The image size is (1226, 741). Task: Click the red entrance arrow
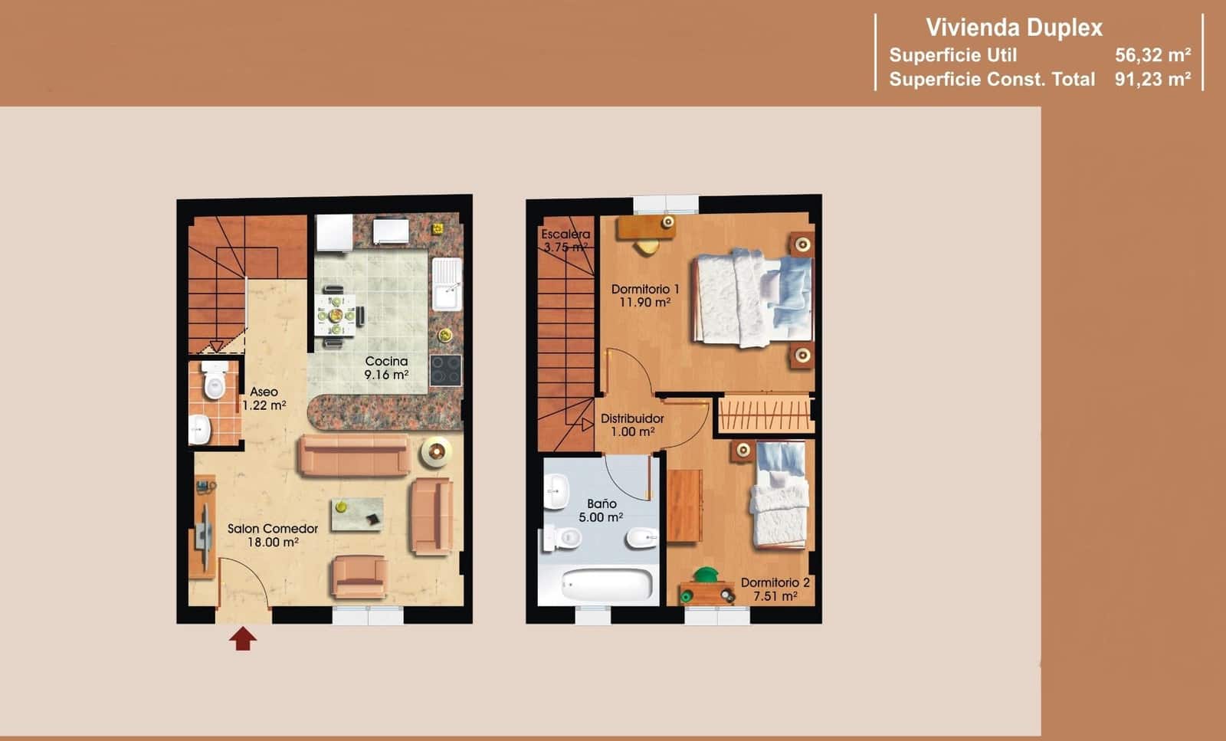coord(243,638)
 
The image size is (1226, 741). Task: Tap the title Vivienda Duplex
coord(1014,28)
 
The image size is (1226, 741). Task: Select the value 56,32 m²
coord(1152,55)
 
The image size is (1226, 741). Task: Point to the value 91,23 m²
coord(1152,79)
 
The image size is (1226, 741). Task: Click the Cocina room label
coord(386,361)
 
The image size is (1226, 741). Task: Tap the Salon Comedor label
coord(273,529)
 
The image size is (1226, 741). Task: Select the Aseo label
coord(264,392)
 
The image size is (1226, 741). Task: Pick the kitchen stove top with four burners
coord(445,370)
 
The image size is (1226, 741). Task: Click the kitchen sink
coord(447,283)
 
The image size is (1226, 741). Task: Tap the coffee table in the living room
coord(357,513)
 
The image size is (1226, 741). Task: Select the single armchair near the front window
coord(359,577)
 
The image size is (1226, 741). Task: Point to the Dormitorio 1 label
coord(645,289)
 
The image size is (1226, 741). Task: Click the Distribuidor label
coord(632,418)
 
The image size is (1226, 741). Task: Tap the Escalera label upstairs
coord(565,234)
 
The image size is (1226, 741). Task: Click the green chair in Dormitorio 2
coord(705,575)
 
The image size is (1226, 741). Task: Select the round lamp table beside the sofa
coord(435,452)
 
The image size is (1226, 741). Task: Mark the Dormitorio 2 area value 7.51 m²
coord(775,596)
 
